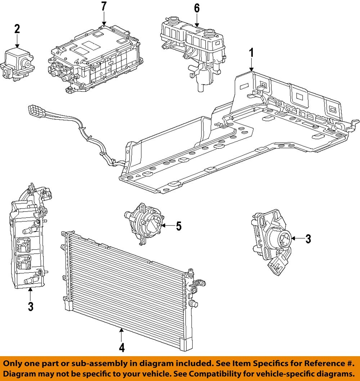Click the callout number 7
pos(104,6)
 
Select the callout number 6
pos(197,8)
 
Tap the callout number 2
pos(17,29)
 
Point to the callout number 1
pos(252,53)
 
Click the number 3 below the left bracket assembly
pos(31,306)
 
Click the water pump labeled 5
pos(146,223)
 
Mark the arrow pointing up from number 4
pos(122,335)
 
